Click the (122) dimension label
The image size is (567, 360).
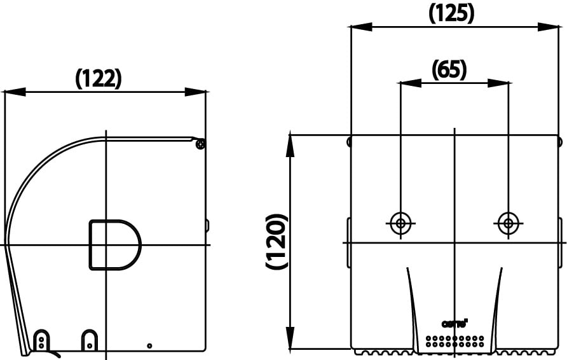(x=99, y=78)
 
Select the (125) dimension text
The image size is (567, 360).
(x=451, y=13)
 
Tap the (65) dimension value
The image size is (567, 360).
(x=449, y=69)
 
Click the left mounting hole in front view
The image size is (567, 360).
(x=400, y=223)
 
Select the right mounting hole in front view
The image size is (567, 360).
(x=508, y=223)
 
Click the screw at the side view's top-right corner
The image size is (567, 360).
(x=200, y=144)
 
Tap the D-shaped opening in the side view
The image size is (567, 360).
(x=113, y=244)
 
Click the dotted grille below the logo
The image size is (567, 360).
(x=454, y=341)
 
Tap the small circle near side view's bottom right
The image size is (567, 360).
(x=149, y=345)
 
